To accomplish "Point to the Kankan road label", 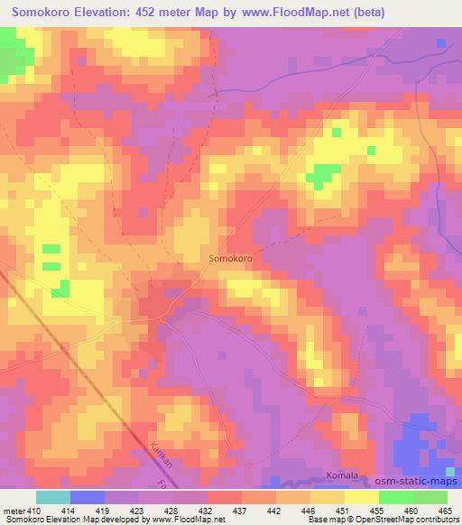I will [x=158, y=450].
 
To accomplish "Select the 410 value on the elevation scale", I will [x=32, y=511].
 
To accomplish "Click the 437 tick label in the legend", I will [x=241, y=511].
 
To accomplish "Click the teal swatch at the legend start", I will [x=53, y=497].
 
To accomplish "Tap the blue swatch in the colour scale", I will [x=88, y=497].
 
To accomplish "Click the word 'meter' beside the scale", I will [x=13, y=511].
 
